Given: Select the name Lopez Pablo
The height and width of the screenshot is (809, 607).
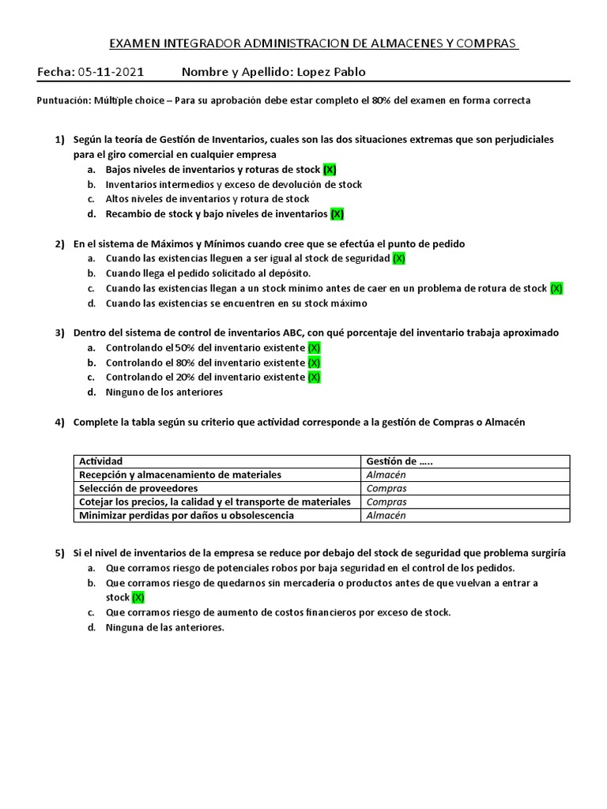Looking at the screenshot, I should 330,73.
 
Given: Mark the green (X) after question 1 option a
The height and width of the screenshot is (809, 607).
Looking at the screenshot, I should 330,170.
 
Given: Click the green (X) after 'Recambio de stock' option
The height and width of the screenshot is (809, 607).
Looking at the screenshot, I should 337,213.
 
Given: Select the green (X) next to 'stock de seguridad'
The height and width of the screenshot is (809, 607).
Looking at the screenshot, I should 398,258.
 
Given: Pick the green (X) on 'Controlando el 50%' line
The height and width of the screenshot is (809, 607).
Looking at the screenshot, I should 314,348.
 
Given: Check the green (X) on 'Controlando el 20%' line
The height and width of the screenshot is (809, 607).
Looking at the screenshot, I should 314,377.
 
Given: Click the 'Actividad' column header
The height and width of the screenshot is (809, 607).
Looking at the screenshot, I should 100,461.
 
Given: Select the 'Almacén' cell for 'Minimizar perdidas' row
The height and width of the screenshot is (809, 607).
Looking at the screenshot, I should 386,515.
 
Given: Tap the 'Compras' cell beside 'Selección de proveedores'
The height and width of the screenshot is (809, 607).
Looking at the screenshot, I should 386,488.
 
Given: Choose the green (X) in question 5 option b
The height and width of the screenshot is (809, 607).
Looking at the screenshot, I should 138,597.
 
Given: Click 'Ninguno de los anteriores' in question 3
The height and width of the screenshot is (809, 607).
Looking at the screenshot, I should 164,392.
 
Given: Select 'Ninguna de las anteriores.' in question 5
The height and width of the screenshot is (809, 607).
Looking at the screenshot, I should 165,627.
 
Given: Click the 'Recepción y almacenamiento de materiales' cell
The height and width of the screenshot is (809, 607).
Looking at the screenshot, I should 179,475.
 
